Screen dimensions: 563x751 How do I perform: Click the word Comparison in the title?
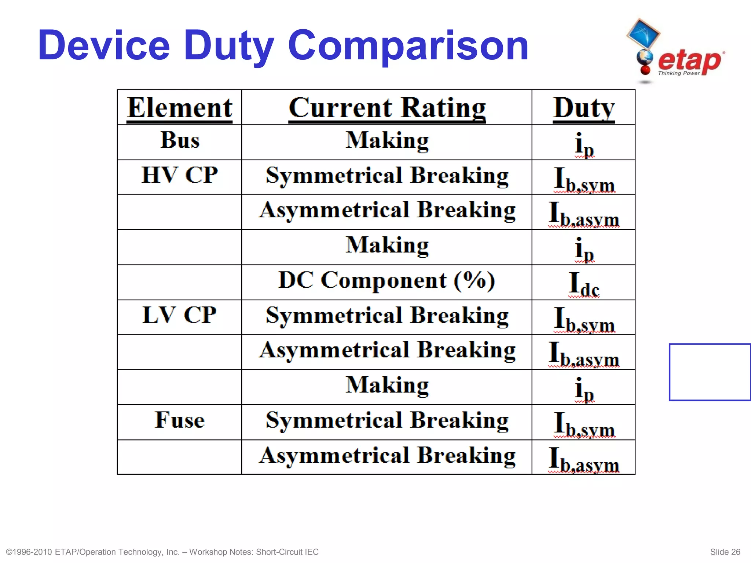pos(408,46)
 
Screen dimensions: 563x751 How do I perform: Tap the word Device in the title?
pos(104,46)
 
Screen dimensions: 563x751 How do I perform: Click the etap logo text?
pos(689,60)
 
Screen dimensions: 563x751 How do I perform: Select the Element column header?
pos(179,108)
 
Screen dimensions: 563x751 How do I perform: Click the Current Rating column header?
pos(387,108)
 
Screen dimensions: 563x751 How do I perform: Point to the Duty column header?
pos(583,108)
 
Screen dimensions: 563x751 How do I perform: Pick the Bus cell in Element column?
pos(180,140)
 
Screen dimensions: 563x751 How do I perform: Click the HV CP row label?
pos(180,175)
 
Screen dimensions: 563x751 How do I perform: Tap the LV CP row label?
pos(179,315)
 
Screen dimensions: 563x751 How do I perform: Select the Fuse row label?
pos(180,420)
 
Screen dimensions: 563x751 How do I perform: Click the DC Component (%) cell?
pos(387,281)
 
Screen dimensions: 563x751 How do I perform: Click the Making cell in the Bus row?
pos(387,141)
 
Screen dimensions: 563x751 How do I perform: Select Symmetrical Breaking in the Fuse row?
pos(387,420)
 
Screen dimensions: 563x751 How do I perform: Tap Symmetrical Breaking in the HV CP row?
pos(387,176)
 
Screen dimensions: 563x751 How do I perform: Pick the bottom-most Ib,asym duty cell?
pos(584,459)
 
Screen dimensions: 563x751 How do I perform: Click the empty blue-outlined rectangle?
pos(710,372)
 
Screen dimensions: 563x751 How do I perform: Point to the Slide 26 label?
pos(725,552)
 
